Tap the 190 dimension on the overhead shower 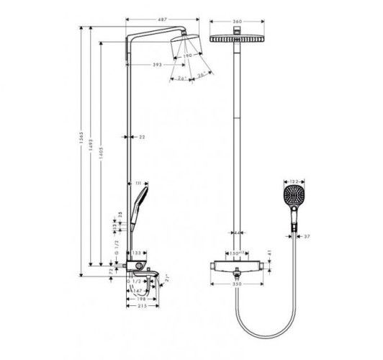click(x=189, y=55)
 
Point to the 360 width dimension click(x=237, y=22)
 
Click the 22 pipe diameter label click(x=142, y=135)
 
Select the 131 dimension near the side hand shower click(x=139, y=184)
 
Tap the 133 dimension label click(x=136, y=253)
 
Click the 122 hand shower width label click(x=293, y=181)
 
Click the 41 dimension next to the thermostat click(x=267, y=254)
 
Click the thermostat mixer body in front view click(x=237, y=269)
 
